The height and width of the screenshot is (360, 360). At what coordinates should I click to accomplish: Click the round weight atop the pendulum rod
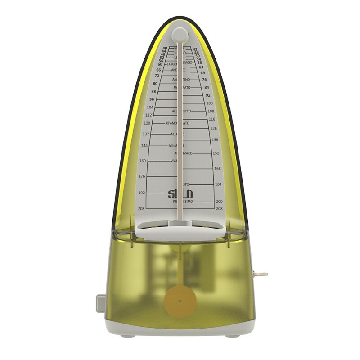[180, 34]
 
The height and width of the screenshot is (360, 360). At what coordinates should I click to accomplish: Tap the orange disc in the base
[180, 301]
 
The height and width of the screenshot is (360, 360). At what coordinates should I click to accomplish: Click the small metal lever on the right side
[260, 274]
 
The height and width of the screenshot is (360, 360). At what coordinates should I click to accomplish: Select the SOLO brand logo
[180, 194]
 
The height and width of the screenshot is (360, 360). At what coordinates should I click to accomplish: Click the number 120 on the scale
[147, 123]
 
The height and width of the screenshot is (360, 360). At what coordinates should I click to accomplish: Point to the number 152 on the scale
[216, 153]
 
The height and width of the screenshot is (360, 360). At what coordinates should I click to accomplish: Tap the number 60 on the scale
[160, 64]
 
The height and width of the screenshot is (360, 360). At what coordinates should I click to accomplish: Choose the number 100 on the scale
[210, 103]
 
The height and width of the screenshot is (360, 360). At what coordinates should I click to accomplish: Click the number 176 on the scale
[142, 176]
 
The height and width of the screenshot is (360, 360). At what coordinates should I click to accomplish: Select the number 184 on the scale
[218, 184]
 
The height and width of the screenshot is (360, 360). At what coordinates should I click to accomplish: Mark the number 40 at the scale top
[165, 48]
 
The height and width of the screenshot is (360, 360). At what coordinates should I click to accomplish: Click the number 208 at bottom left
[141, 209]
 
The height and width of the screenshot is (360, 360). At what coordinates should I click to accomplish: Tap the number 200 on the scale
[219, 202]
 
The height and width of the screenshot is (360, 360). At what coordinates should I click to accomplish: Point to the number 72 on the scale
[157, 76]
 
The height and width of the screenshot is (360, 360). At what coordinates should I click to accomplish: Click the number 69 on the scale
[202, 73]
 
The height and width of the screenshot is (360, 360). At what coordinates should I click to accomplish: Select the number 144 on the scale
[144, 146]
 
